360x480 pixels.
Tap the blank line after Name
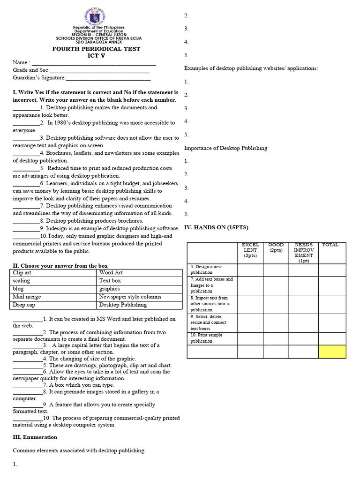click(x=93, y=63)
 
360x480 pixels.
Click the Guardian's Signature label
click(x=39, y=78)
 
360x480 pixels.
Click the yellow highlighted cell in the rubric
click(x=332, y=352)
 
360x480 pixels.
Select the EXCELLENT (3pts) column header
click(x=250, y=250)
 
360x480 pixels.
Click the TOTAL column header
click(x=330, y=245)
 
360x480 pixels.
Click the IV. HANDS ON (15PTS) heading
click(x=216, y=227)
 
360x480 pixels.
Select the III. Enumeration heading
click(x=35, y=437)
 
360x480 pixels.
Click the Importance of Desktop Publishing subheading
click(x=225, y=148)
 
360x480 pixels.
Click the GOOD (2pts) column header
click(x=276, y=247)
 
